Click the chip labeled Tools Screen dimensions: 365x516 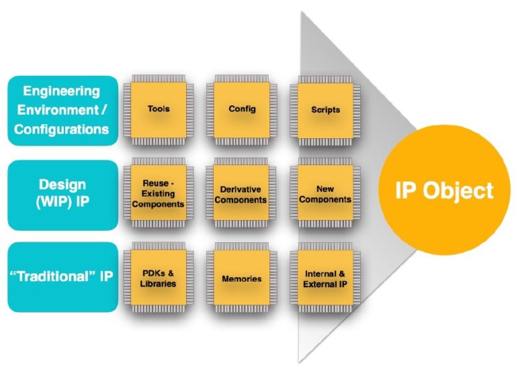tap(159, 109)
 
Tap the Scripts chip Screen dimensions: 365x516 tap(325, 109)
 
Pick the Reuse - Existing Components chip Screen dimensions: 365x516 tap(159, 193)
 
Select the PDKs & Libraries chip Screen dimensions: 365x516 tap(159, 278)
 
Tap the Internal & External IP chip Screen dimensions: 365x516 tap(325, 278)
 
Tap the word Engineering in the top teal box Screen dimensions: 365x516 tap(61, 91)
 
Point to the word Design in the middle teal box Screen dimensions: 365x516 tap(62, 184)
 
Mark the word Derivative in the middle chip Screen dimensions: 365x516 tap(241, 189)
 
